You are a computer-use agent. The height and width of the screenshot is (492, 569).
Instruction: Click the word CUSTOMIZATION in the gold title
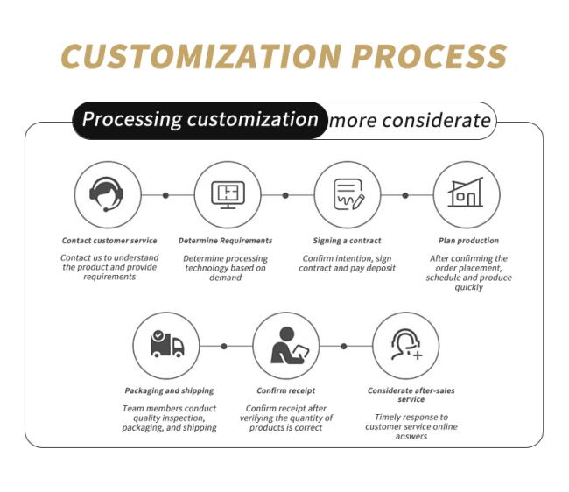click(201, 57)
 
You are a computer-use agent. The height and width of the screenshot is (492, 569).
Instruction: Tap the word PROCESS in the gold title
click(429, 57)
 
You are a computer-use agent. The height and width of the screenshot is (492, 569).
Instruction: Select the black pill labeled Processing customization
click(200, 121)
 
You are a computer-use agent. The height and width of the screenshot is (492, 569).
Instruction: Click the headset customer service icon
click(106, 194)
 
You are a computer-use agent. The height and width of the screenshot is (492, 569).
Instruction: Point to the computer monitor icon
click(228, 195)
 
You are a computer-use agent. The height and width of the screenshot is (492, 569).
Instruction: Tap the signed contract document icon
click(348, 194)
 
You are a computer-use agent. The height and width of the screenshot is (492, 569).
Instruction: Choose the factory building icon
click(466, 193)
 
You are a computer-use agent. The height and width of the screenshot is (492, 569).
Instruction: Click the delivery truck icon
click(167, 344)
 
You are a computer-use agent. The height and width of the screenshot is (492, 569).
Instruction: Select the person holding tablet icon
click(290, 345)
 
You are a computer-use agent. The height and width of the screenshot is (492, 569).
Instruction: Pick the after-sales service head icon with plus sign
click(406, 344)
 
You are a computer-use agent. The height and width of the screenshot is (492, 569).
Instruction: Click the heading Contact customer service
click(109, 241)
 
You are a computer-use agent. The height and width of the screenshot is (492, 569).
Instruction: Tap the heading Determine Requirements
click(225, 241)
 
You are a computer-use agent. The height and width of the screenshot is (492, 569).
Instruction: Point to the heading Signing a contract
click(347, 241)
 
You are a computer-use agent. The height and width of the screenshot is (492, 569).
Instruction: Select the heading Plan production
click(468, 241)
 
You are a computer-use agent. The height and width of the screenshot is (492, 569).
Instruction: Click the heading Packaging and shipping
click(169, 390)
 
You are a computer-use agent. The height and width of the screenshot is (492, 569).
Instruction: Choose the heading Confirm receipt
click(286, 390)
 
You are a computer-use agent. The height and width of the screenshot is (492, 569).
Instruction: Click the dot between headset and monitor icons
click(165, 195)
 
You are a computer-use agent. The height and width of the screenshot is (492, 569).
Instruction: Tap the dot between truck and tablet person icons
click(224, 346)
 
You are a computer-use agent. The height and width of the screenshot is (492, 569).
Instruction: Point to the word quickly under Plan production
click(469, 287)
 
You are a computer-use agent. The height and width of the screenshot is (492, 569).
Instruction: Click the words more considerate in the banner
click(410, 121)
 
